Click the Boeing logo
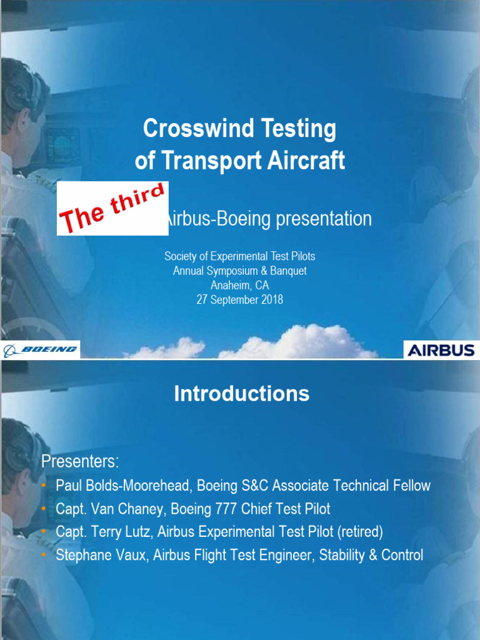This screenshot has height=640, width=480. point(41,349)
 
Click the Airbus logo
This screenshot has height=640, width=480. point(441,350)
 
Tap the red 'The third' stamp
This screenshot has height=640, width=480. point(112,208)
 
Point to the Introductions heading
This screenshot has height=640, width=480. point(241,394)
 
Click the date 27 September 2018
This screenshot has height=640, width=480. point(239,300)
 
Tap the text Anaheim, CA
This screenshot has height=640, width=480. point(239,286)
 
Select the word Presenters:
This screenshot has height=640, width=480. point(79,462)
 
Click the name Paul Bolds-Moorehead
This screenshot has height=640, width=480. point(124,486)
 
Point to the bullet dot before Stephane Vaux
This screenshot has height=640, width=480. point(43,555)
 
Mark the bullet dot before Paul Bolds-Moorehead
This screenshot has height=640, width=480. point(43,486)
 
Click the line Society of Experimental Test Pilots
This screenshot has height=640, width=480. point(239,256)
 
